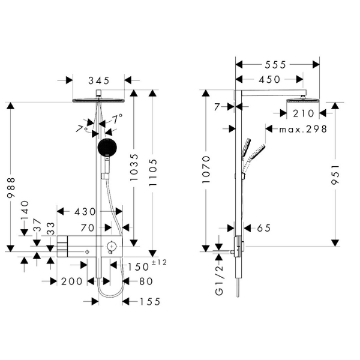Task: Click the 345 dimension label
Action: (99, 80)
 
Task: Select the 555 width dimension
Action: (275, 65)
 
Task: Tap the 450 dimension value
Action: (269, 80)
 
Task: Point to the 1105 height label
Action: (152, 172)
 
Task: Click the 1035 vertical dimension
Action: (134, 167)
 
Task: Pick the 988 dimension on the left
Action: (11, 188)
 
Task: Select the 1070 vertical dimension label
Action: (206, 169)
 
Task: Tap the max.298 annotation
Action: (303, 129)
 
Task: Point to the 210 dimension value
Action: (303, 113)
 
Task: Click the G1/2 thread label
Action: (219, 280)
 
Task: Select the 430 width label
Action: (85, 212)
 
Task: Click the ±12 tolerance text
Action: (159, 262)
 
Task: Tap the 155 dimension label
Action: (150, 302)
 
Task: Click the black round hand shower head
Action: (107, 147)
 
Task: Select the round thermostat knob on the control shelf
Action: (112, 247)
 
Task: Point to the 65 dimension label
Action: (264, 228)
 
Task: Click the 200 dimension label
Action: (71, 281)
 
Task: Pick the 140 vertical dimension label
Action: (25, 211)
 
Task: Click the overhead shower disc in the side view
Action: (302, 100)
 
